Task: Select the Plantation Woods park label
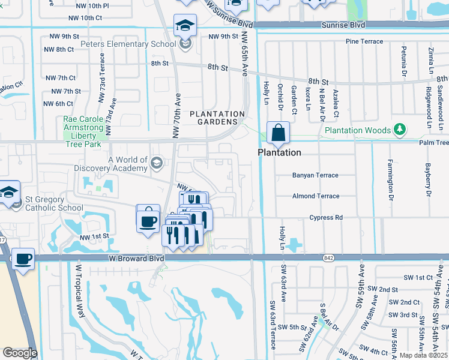click(x=358, y=130)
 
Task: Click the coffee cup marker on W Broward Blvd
click(x=23, y=259)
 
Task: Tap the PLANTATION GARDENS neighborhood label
click(x=217, y=118)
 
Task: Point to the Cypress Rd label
click(x=326, y=217)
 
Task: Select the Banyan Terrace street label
click(x=315, y=175)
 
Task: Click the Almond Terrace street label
click(x=315, y=196)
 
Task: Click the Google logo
click(x=20, y=353)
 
